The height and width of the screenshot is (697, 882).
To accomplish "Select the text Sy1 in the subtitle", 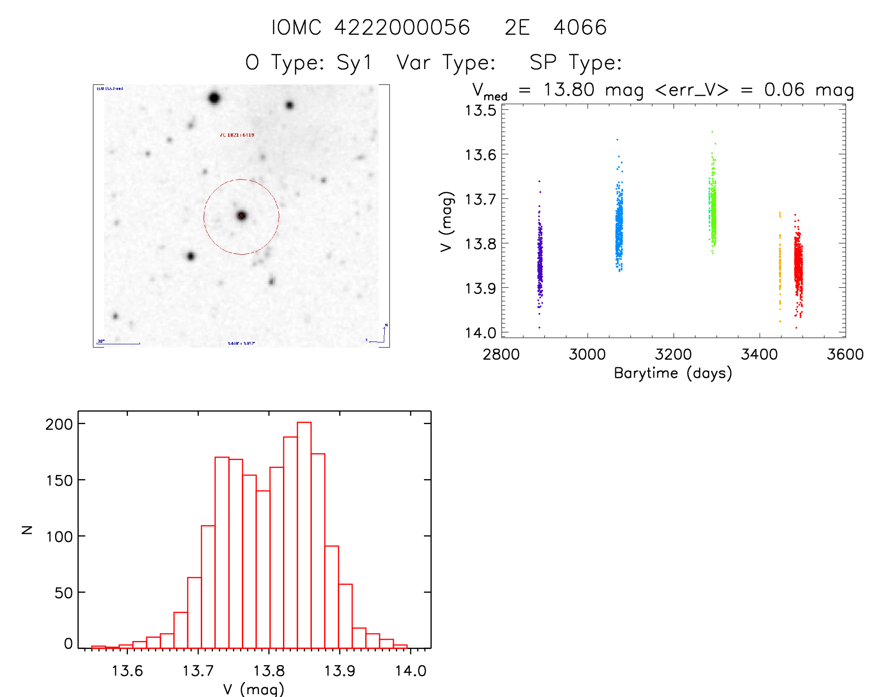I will [x=354, y=63].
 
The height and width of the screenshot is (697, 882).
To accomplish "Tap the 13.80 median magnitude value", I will [x=569, y=90].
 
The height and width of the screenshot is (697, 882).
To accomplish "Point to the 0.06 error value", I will [x=784, y=90].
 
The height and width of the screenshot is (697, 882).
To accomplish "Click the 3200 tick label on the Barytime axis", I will [x=673, y=355].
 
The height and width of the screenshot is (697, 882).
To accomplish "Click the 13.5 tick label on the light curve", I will [x=480, y=111].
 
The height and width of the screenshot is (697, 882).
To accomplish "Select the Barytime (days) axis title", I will [x=673, y=373].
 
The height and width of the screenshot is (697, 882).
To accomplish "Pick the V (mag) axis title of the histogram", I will [x=254, y=689].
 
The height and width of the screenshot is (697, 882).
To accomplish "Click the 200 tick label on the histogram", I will [x=59, y=424].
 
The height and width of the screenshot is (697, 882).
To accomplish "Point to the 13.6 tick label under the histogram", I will [x=127, y=671].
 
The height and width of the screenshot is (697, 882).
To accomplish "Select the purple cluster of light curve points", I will [x=540, y=261].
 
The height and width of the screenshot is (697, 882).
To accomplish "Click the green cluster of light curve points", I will [x=713, y=205].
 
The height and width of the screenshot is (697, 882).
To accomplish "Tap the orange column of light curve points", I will [x=780, y=271].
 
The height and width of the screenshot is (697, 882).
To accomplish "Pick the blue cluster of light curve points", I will [x=619, y=224].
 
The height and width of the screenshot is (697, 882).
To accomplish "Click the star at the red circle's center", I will [x=241, y=216].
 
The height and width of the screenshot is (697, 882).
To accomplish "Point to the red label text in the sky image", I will [x=237, y=135].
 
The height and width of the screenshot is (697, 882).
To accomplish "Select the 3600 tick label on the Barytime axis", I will [x=845, y=355].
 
